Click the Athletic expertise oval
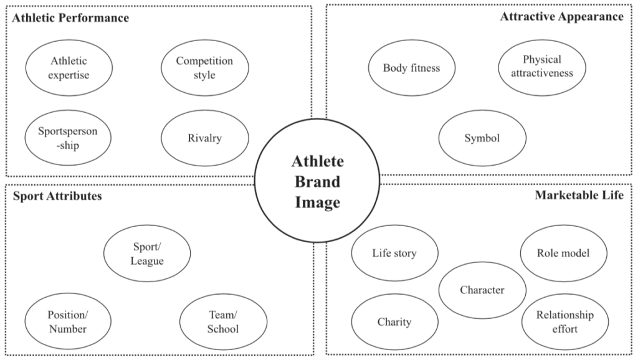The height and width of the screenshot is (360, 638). pos(69,68)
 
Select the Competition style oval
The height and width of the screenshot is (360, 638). pos(204,68)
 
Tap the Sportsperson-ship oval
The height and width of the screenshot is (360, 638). pos(67,138)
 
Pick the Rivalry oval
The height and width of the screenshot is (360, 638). pos(204,138)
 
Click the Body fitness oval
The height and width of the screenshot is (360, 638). pos(411,68)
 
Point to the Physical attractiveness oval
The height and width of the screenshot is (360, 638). pos(542,67)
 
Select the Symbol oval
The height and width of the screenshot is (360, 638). pos(482,138)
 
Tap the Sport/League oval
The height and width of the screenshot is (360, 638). pos(147,253)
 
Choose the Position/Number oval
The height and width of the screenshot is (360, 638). pos(67,321)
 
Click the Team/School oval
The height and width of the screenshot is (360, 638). pos(223,321)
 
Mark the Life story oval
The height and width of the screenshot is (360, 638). pos(394,253)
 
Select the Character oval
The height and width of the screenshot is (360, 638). pos(482,290)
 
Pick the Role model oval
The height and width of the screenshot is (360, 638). pos(563,253)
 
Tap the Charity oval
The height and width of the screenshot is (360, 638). pos(394,322)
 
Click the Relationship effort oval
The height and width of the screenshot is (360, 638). pos(564,321)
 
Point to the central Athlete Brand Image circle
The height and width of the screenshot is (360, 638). pos(317,182)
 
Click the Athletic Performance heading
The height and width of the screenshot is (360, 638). pos(70,18)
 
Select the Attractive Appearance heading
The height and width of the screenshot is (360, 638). pos(561,17)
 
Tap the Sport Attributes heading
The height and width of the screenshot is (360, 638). pos(57,196)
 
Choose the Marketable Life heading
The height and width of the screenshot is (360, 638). pos(579,196)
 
